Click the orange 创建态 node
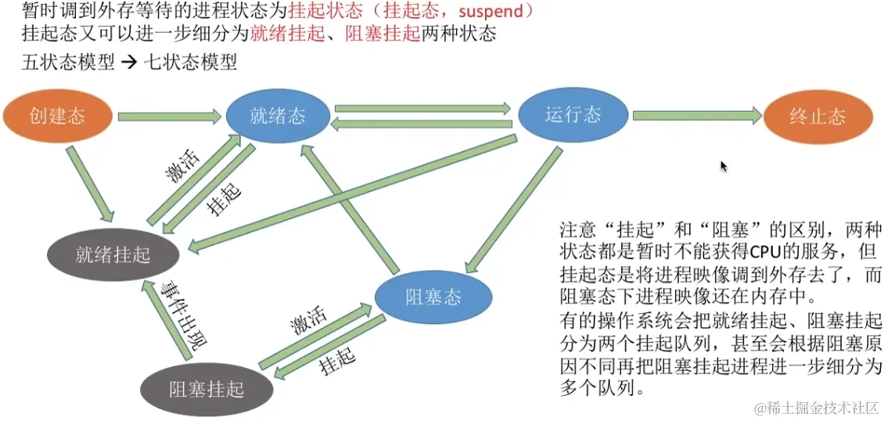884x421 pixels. coord(57,117)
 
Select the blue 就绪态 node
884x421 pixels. coord(278,117)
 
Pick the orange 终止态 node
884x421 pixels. coord(818,117)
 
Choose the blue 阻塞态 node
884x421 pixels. coord(433,297)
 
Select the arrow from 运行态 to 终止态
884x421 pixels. coord(696,116)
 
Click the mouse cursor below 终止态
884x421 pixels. coord(724,166)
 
